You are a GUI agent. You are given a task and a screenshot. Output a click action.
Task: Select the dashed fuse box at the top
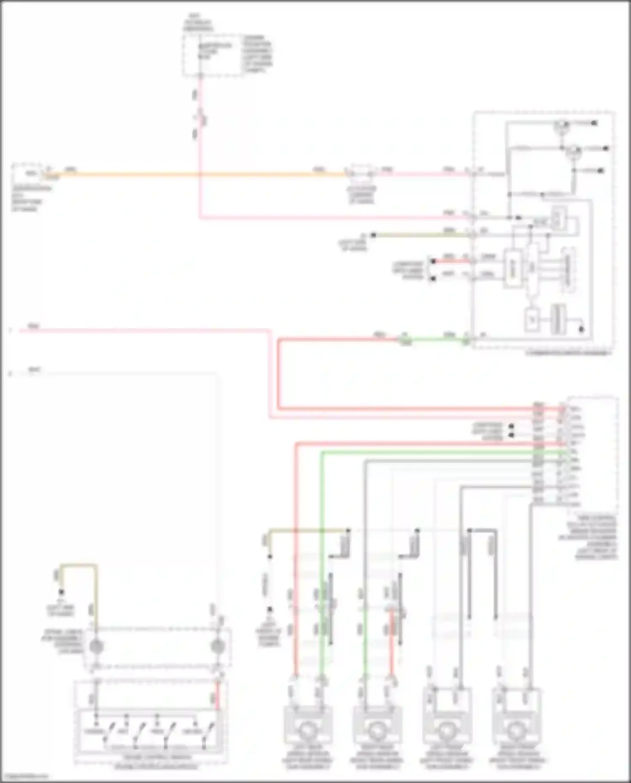tap(213, 56)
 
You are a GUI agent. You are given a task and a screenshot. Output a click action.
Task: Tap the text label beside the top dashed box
tap(257, 54)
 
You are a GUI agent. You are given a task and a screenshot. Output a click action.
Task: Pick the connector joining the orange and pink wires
tap(361, 173)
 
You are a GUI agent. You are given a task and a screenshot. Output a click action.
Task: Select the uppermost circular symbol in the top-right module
tap(561, 125)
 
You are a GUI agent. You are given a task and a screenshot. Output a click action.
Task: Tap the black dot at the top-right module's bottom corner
tap(581, 329)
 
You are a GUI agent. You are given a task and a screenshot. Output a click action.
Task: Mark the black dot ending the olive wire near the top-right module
tap(373, 236)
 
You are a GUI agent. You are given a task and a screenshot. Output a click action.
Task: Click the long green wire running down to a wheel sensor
tap(322, 547)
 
